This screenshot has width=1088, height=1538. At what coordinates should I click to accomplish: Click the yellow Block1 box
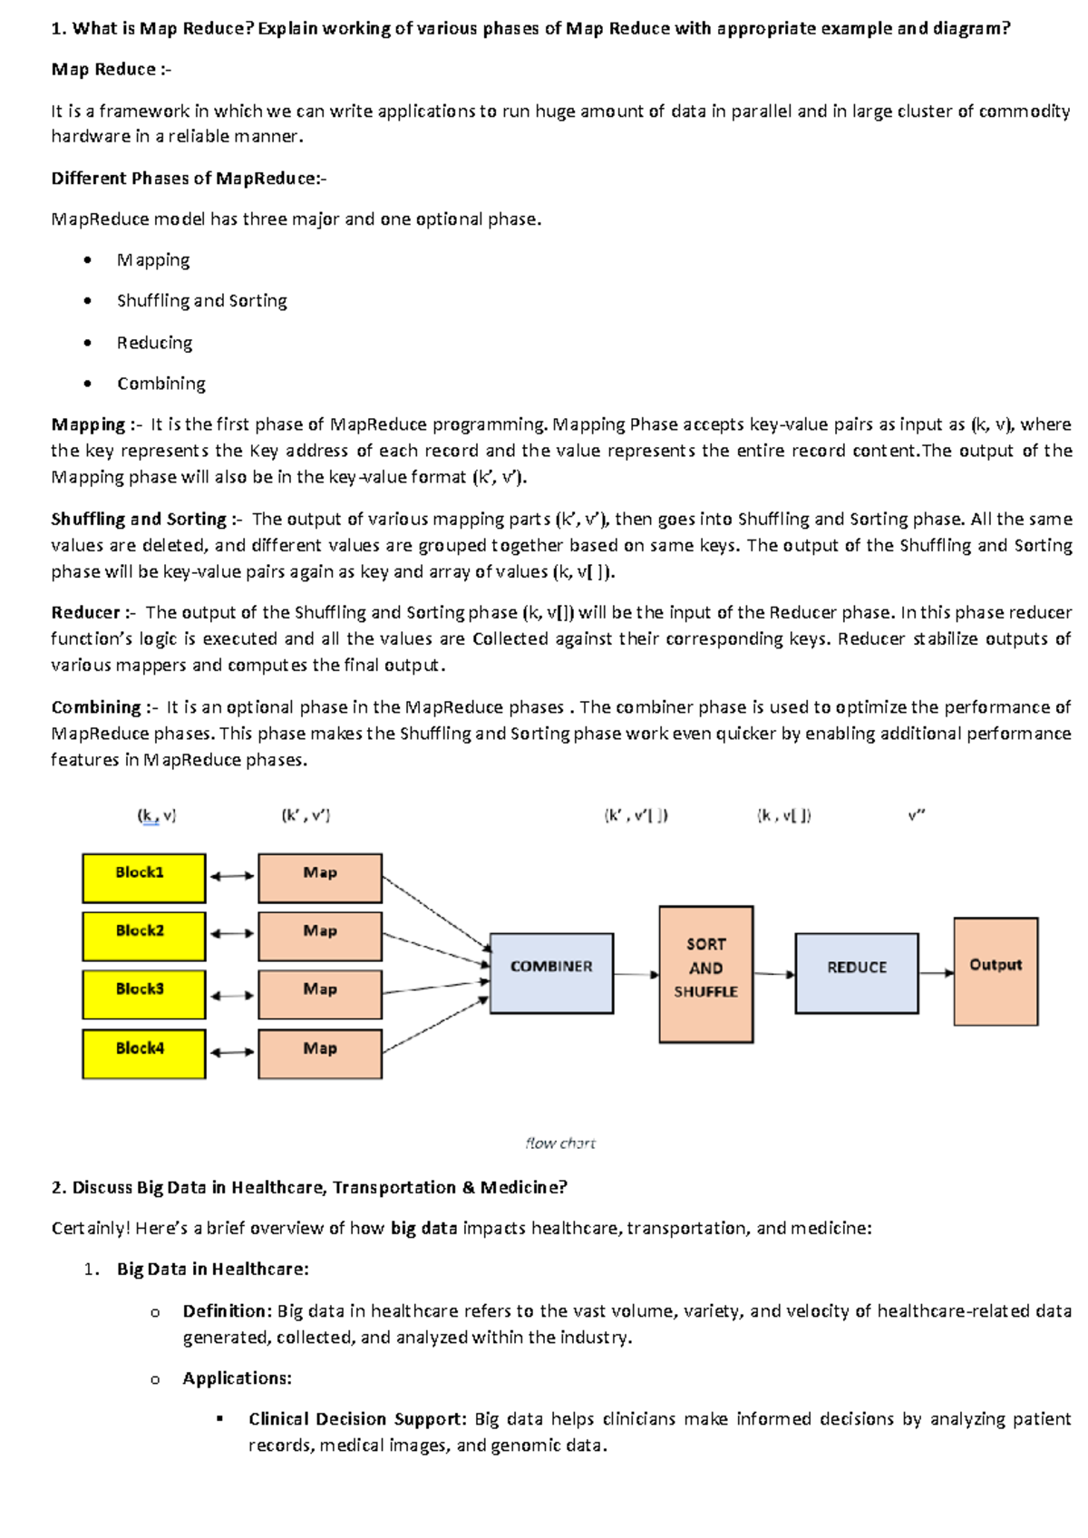click(143, 877)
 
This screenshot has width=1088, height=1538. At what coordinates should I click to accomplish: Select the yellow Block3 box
click(143, 994)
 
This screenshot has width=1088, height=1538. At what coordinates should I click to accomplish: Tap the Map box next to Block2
click(320, 936)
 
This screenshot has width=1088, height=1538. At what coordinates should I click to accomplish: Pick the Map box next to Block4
click(320, 1053)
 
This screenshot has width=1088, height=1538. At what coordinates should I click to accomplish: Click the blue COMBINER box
click(551, 972)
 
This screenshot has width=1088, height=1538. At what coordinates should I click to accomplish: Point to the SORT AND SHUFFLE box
click(705, 973)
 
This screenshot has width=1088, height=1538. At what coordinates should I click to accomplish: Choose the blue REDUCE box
click(857, 972)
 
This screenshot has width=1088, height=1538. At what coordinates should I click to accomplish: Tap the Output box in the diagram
click(996, 970)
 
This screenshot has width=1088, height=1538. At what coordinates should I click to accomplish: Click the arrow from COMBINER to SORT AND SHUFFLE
click(636, 974)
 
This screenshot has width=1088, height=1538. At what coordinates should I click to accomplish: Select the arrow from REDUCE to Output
click(936, 973)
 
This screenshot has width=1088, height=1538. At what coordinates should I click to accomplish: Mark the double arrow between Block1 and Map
click(232, 876)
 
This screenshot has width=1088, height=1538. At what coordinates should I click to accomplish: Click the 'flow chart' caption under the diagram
click(560, 1144)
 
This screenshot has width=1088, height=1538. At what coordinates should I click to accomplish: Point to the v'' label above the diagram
click(916, 815)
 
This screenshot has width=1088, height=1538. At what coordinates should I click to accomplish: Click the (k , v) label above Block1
click(156, 815)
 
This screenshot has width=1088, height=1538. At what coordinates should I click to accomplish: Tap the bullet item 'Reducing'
click(154, 343)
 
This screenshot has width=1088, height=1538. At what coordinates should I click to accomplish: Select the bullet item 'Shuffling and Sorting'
click(201, 300)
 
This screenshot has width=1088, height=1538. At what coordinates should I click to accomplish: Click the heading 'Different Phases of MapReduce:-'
click(188, 178)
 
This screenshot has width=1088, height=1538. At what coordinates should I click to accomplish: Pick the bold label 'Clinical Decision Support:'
click(357, 1418)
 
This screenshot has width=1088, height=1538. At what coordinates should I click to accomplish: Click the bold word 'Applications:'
click(237, 1378)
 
